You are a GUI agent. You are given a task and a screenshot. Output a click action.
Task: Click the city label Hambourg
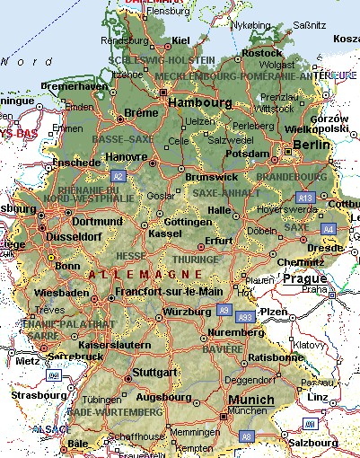199,103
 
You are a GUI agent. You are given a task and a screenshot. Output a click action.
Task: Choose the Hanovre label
127,156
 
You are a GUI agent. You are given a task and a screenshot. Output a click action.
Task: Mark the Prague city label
304,278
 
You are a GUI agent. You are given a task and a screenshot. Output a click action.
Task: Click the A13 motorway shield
305,197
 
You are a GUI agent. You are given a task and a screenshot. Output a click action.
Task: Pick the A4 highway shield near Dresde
328,230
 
